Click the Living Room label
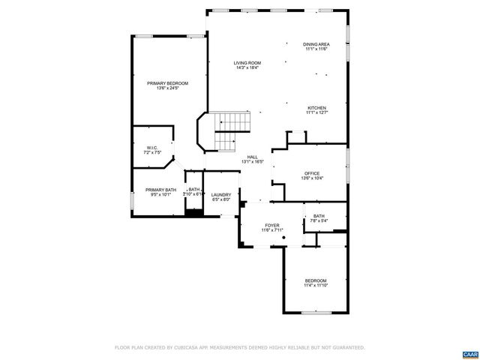coord(247,63)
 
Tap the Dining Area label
coord(316,44)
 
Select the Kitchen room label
coord(316,108)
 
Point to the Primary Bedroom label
coord(167,83)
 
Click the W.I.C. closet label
coord(152,148)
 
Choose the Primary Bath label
coord(160,190)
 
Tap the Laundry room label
coord(220,194)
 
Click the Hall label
coord(252,157)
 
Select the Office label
coord(312,173)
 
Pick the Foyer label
coord(271,225)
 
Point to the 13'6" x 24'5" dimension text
coord(167,88)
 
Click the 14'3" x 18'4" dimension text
coord(247,68)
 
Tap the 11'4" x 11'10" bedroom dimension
coord(316,286)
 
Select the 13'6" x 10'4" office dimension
coord(312,178)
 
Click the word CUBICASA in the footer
coord(185,348)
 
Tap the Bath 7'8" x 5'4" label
coord(319,218)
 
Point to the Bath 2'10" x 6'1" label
coord(194,191)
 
